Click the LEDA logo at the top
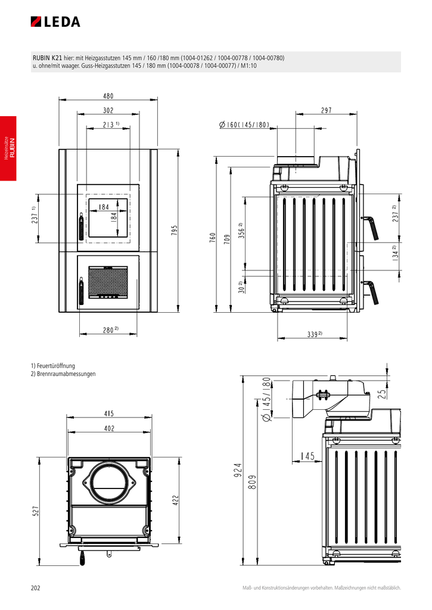pyautogui.click(x=55, y=22)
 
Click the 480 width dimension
pyautogui.click(x=108, y=95)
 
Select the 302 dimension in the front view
pyautogui.click(x=108, y=110)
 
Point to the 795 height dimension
pyautogui.click(x=175, y=230)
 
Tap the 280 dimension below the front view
pyautogui.click(x=109, y=329)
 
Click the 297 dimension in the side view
pyautogui.click(x=326, y=110)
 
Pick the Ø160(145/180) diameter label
pyautogui.click(x=244, y=125)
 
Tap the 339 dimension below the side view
pyautogui.click(x=313, y=335)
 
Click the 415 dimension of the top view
pyautogui.click(x=109, y=413)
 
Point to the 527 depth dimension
pyautogui.click(x=36, y=511)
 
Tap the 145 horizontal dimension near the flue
pyautogui.click(x=307, y=456)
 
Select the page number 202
pyautogui.click(x=35, y=588)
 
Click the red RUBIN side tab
pyautogui.click(x=8, y=148)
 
